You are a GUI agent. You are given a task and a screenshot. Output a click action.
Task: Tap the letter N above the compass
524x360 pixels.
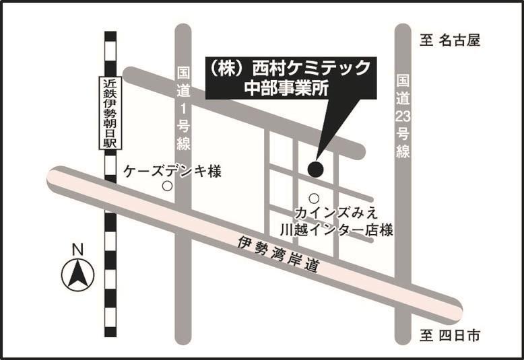[x=77, y=249]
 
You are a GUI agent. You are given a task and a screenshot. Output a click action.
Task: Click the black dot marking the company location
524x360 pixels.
[x=315, y=169]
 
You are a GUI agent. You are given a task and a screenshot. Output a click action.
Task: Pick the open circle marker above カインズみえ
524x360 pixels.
[x=314, y=198]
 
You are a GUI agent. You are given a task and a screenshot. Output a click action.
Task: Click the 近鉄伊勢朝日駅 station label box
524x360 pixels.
[x=110, y=114]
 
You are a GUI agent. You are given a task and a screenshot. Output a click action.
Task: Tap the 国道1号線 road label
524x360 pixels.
[x=184, y=108]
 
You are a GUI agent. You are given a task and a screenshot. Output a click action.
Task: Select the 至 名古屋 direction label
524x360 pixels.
[x=450, y=41]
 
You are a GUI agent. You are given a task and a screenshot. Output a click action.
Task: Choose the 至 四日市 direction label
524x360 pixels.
[x=450, y=336]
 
